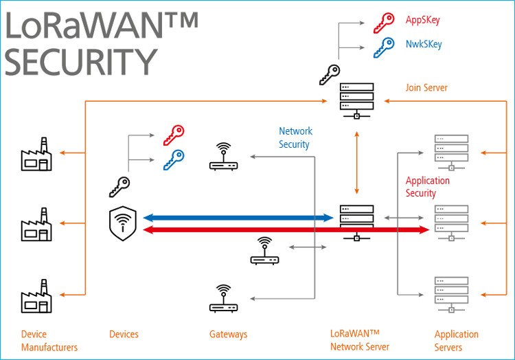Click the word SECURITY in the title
pyautogui.click(x=81, y=61)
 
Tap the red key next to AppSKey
pyautogui.click(x=383, y=24)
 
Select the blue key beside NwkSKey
pyautogui.click(x=383, y=47)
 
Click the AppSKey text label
pyautogui.click(x=422, y=20)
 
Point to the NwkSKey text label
pyautogui.click(x=424, y=45)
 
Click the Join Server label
pyautogui.click(x=426, y=88)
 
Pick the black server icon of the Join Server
pyautogui.click(x=356, y=99)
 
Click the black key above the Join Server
pyautogui.click(x=329, y=75)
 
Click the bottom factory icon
pyautogui.click(x=36, y=296)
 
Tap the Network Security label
pyautogui.click(x=295, y=137)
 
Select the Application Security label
pyautogui.click(x=427, y=187)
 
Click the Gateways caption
pyautogui.click(x=228, y=335)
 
